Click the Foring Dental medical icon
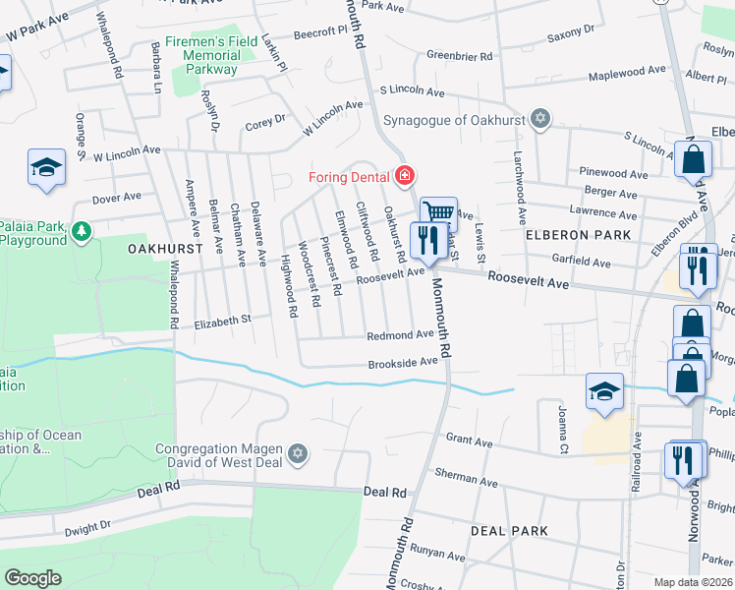(x=404, y=176)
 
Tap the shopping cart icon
(x=438, y=213)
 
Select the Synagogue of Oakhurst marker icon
(x=538, y=119)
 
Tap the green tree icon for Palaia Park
(x=82, y=232)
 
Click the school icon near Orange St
(x=46, y=168)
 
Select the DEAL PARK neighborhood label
(x=508, y=531)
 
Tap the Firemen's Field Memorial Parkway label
(x=211, y=55)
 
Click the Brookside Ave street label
(x=402, y=363)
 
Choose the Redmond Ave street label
(x=400, y=335)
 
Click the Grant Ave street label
(x=469, y=442)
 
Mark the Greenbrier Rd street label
(x=459, y=57)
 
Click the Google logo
(x=32, y=577)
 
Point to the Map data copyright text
(x=693, y=582)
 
